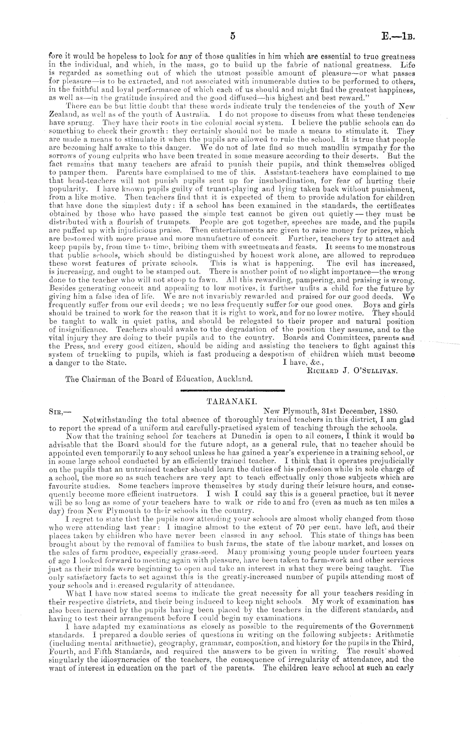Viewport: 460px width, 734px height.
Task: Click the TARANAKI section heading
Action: tap(223, 401)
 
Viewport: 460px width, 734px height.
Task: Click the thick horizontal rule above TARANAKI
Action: tap(233, 390)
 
